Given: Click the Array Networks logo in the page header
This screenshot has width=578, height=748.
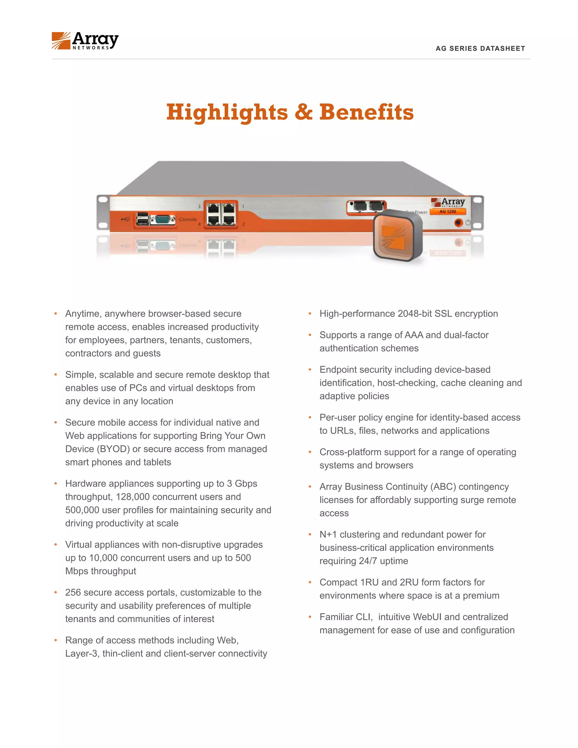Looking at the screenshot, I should (x=85, y=41).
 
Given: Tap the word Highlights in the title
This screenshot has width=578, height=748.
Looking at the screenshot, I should (x=227, y=112).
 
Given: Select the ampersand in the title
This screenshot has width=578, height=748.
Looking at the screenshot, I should (x=303, y=112).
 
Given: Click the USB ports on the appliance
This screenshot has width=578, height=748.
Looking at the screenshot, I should (x=142, y=219).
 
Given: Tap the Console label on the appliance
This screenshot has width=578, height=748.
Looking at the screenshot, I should (x=188, y=219).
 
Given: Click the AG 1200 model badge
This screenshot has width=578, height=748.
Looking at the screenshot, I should (x=448, y=212).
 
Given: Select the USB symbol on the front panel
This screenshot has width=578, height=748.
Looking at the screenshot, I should (x=125, y=218).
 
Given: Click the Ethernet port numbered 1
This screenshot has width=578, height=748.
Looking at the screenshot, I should (x=229, y=208).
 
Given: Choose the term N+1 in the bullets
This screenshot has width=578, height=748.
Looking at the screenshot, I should (x=328, y=535).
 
